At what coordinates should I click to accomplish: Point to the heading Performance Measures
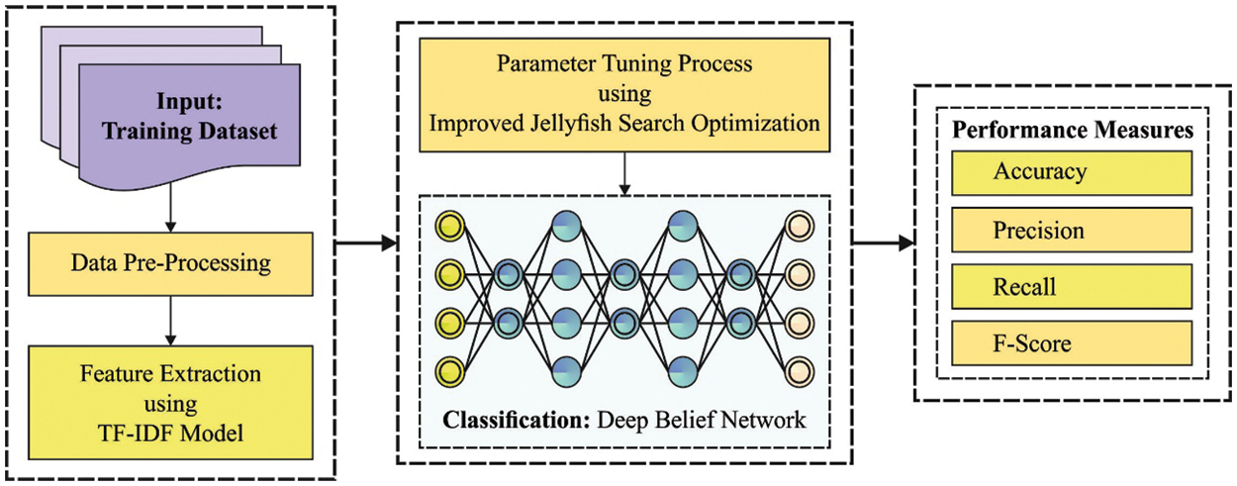click(1072, 131)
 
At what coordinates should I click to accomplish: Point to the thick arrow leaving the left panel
click(365, 243)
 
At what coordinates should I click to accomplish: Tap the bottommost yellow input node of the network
click(450, 372)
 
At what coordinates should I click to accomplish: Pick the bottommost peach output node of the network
click(799, 372)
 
